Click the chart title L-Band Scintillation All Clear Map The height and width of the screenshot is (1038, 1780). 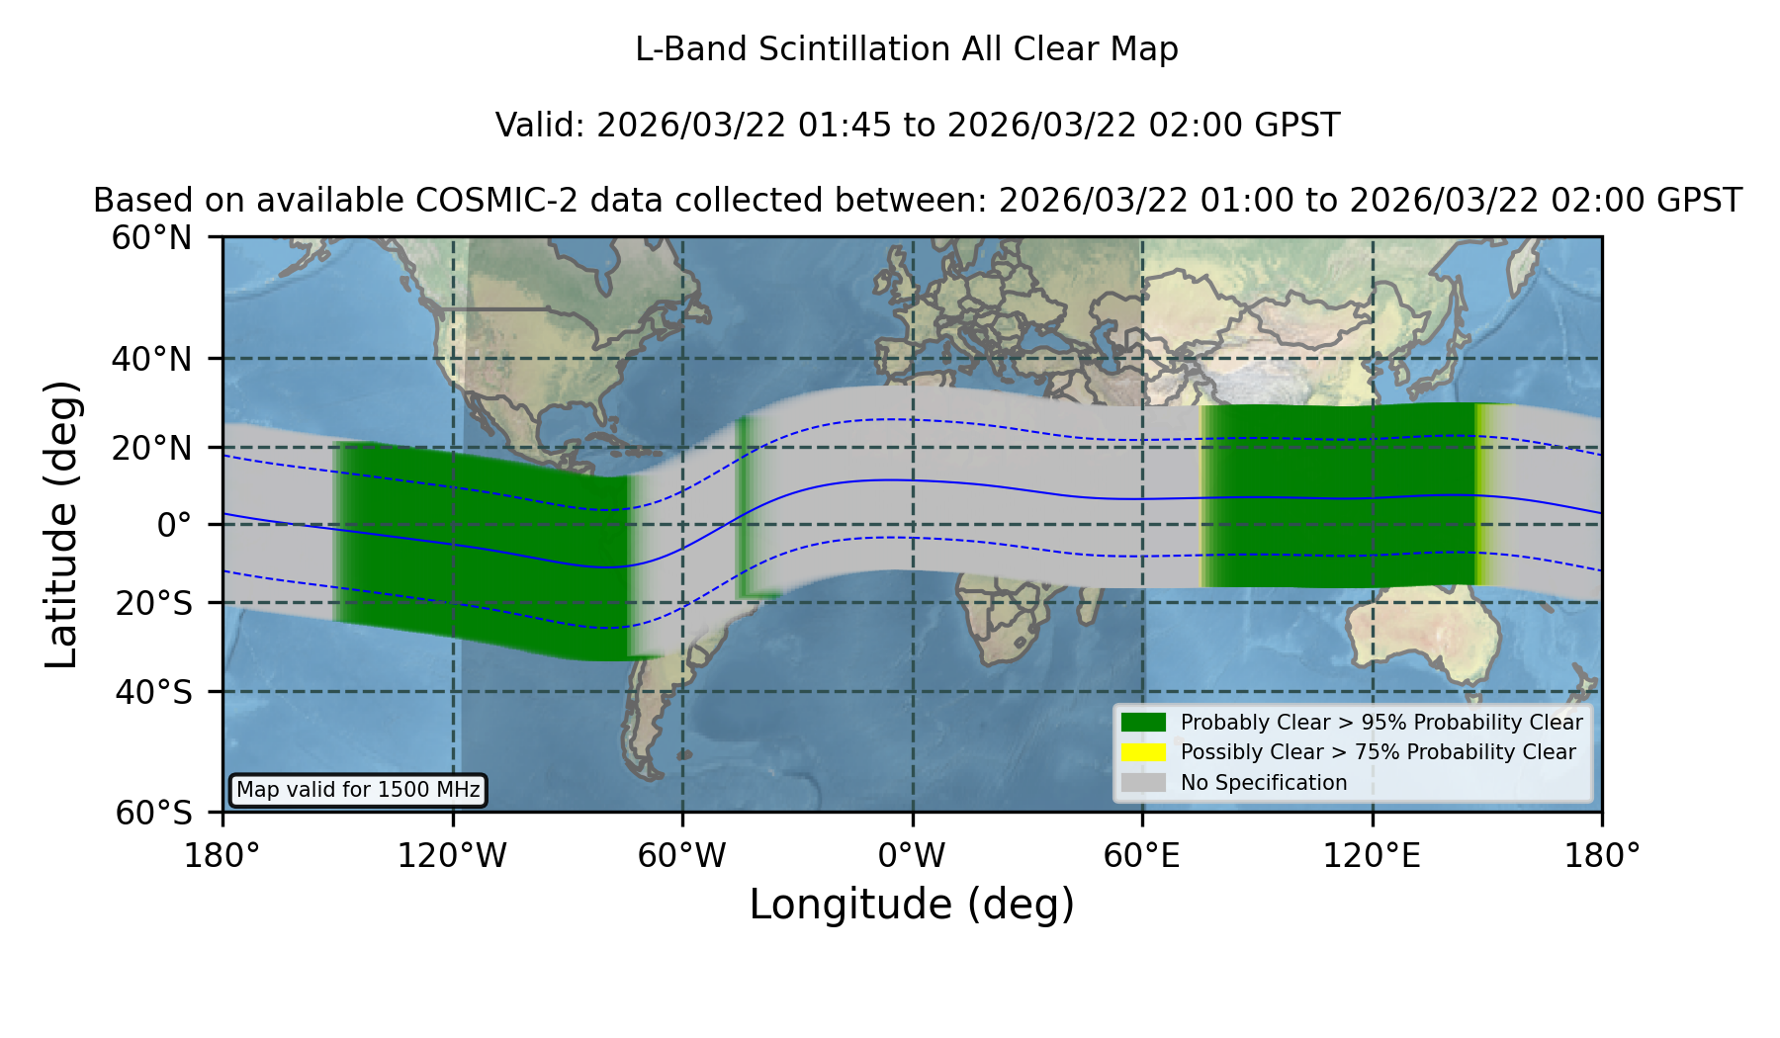coord(907,49)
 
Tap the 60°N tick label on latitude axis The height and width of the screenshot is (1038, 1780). coord(152,238)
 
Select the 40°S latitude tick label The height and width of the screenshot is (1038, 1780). coord(153,692)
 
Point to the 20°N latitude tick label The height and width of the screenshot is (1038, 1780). coord(152,448)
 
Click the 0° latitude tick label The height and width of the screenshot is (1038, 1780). coord(174,525)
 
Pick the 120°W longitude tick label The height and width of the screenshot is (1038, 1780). coord(452,856)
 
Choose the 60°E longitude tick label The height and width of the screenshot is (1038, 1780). coord(1142,856)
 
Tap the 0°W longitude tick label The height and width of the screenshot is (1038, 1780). coord(912,856)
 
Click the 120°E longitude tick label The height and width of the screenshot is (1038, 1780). coord(1372,856)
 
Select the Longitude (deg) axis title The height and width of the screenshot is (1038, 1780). coord(912,905)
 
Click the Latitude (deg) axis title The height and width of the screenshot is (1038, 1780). coord(62,524)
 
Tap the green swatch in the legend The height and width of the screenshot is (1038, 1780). coord(1144,722)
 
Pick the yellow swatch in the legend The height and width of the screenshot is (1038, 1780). coord(1144,751)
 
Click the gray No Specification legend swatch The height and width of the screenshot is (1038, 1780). coord(1144,782)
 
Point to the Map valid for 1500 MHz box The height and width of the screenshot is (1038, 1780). coord(358,790)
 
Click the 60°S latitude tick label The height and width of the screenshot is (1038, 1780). coord(153,813)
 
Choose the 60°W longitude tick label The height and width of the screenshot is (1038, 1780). coord(682,856)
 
